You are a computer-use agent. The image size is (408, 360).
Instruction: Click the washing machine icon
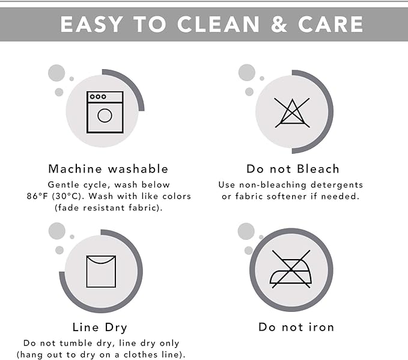click(x=105, y=112)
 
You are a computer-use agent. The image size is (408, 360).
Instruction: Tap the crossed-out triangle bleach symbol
click(x=292, y=113)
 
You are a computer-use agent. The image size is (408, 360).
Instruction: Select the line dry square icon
click(x=101, y=272)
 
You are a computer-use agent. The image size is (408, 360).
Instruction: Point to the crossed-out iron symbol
click(x=291, y=269)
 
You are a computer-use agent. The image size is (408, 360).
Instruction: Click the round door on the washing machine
click(x=105, y=115)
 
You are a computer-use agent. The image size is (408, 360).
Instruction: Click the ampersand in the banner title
click(x=279, y=24)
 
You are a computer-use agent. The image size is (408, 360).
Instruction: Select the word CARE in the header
click(x=330, y=24)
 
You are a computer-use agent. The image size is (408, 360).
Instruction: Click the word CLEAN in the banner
click(x=218, y=24)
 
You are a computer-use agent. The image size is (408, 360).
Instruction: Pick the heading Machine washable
click(x=108, y=169)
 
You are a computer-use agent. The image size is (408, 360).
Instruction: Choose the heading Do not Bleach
click(x=293, y=169)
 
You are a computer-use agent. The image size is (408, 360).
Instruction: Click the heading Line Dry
click(x=100, y=328)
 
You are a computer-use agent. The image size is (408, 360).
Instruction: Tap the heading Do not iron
click(x=296, y=327)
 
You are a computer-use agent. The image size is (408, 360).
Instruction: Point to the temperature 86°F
click(x=37, y=197)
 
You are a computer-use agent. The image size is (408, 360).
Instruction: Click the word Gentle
click(x=64, y=185)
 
